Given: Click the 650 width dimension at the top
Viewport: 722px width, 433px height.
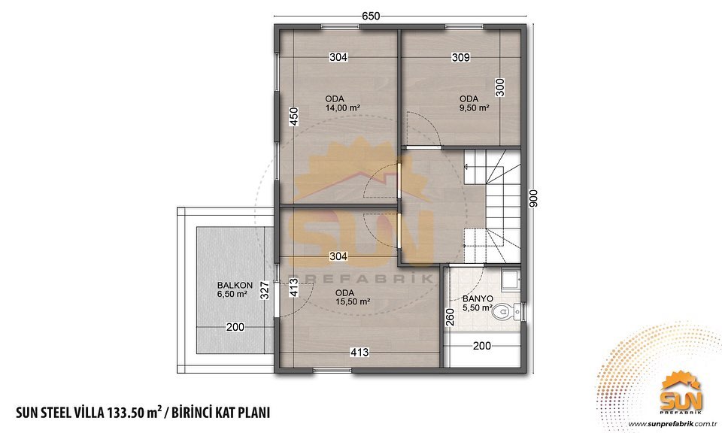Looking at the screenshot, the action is click(x=371, y=16).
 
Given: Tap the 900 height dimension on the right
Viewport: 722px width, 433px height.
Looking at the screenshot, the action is click(x=533, y=198).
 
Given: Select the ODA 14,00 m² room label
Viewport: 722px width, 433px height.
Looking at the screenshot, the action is click(x=342, y=104).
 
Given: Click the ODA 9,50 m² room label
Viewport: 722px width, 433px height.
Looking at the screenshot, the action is click(x=474, y=104).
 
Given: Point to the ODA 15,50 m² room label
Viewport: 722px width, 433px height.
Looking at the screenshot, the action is click(x=353, y=297).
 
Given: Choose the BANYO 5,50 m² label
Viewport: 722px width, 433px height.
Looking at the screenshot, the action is click(x=478, y=303).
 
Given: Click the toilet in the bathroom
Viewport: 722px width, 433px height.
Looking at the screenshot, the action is click(x=505, y=313).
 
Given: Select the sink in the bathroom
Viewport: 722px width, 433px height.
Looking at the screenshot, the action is click(x=511, y=280).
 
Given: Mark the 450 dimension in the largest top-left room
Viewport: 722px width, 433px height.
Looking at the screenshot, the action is click(x=294, y=117).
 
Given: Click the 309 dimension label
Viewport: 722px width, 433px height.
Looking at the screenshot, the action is click(x=460, y=58).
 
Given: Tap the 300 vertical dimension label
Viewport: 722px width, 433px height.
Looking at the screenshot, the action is click(x=500, y=87).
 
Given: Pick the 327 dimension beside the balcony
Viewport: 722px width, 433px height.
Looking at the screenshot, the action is click(x=264, y=290).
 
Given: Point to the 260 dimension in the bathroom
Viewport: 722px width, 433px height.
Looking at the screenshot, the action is click(x=450, y=317).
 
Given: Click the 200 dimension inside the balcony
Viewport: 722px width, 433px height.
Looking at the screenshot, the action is click(x=235, y=328).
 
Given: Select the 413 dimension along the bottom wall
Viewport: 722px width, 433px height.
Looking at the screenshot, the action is click(x=359, y=353).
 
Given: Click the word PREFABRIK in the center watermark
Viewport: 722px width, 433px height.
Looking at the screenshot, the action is click(x=360, y=279).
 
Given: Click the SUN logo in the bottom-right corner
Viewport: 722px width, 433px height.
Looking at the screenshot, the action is click(x=681, y=395).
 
